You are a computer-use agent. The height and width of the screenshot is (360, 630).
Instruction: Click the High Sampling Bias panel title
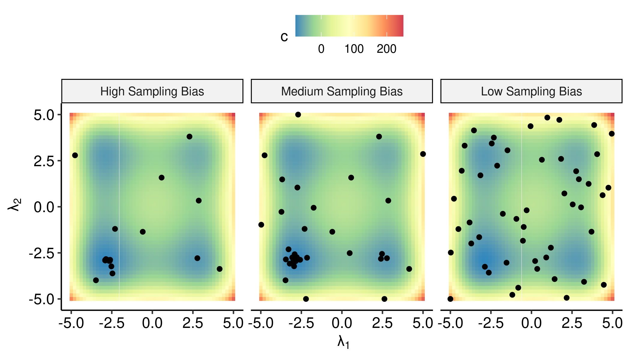tap(152, 91)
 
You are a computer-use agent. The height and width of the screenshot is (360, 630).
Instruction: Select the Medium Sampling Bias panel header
tap(342, 91)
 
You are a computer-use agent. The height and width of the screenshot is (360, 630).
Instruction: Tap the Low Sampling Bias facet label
tap(531, 91)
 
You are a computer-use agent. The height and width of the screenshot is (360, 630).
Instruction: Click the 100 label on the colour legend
tap(354, 49)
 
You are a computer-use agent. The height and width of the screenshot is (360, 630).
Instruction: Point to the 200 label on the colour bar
tap(386, 49)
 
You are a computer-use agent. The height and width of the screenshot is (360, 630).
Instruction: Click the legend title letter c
tap(284, 37)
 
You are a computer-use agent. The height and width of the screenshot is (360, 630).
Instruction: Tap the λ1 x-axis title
tap(343, 342)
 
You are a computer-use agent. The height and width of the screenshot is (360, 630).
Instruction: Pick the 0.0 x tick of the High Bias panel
tap(152, 323)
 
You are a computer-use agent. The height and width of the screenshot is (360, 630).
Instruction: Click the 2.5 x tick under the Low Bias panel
tap(572, 323)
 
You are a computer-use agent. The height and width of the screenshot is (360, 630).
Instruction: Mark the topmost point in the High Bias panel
tap(189, 136)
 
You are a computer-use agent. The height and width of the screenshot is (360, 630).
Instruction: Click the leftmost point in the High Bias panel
tap(75, 155)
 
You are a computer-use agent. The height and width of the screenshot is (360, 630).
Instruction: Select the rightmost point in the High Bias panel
tap(220, 269)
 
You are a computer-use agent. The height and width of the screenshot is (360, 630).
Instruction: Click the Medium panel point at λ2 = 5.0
tap(298, 115)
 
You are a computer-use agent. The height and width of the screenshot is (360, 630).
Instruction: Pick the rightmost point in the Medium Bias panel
tap(423, 154)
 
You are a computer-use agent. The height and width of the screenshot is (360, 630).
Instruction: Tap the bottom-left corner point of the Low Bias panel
tap(450, 299)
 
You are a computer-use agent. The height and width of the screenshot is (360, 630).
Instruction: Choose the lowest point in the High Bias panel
tap(96, 280)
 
